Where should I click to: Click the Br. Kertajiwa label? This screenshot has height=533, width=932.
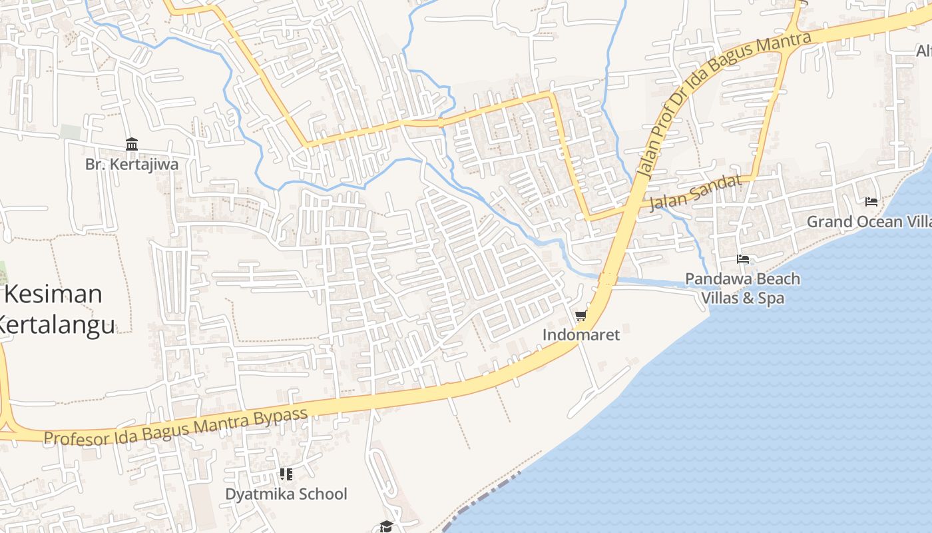132,164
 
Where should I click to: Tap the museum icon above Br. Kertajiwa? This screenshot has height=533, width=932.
132,144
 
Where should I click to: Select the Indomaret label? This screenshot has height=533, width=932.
581,334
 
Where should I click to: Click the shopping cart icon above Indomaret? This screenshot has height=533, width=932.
581,315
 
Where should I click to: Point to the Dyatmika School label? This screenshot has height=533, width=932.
286,494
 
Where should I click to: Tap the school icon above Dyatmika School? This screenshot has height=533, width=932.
286,474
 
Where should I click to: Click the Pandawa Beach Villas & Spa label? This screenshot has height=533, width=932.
743,288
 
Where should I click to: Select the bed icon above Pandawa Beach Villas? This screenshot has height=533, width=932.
743,259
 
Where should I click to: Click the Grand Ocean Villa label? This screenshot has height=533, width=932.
869,221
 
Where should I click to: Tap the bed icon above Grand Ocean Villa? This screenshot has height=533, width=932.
871,201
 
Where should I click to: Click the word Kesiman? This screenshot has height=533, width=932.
53,294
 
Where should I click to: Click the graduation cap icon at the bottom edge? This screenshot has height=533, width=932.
386,527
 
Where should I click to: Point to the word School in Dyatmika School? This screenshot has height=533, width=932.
322,494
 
